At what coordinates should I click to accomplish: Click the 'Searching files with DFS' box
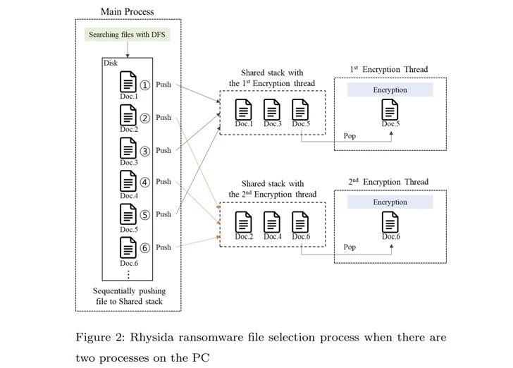[x=128, y=35]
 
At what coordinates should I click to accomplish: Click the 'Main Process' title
[x=128, y=11]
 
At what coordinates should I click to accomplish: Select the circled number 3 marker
[x=144, y=151]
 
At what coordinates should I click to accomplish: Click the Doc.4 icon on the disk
[x=128, y=181]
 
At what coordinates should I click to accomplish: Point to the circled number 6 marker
[x=144, y=247]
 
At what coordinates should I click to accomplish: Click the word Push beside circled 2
[x=163, y=118]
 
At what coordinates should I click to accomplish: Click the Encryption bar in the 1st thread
[x=390, y=90]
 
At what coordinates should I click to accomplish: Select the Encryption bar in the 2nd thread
[x=390, y=202]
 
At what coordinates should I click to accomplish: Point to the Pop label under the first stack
[x=350, y=136]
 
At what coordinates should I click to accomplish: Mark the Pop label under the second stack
[x=350, y=247]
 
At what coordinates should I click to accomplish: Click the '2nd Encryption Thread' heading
[x=388, y=182]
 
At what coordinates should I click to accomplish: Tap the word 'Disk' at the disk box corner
[x=111, y=63]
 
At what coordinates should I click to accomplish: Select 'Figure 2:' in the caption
[x=97, y=337]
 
